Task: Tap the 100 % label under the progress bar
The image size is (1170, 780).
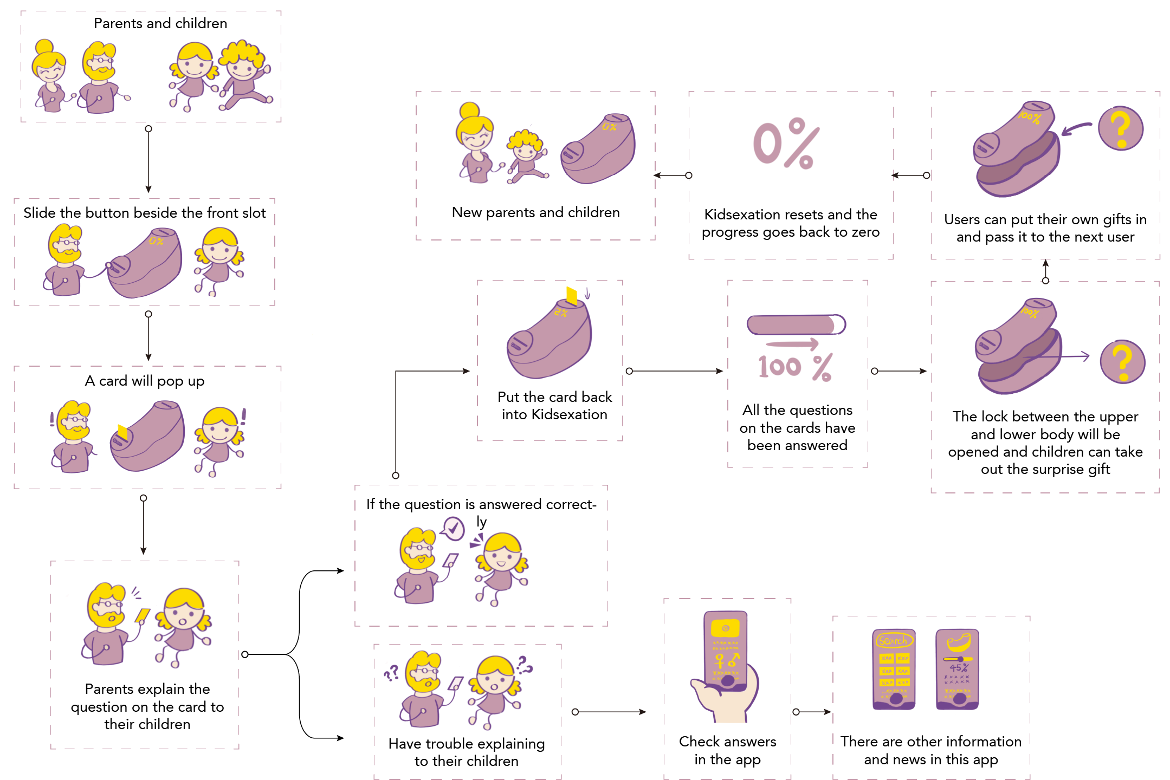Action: coord(794,367)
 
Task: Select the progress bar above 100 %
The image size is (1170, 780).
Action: coord(796,324)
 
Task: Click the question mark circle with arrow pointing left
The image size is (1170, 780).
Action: coord(1120,128)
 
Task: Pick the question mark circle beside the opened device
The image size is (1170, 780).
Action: coord(1122,362)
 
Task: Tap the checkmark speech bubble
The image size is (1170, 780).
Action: coord(454,528)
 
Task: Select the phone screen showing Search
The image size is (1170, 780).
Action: coord(894,668)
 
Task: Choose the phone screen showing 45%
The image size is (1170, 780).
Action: coord(958,668)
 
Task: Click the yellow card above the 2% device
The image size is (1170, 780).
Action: coord(572,296)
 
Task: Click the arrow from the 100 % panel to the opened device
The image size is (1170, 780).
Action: coord(901,371)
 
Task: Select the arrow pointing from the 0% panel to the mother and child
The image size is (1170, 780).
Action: coord(672,175)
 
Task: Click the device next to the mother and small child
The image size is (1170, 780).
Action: coord(598,149)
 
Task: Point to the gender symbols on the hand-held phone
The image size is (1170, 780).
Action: coord(726,660)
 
